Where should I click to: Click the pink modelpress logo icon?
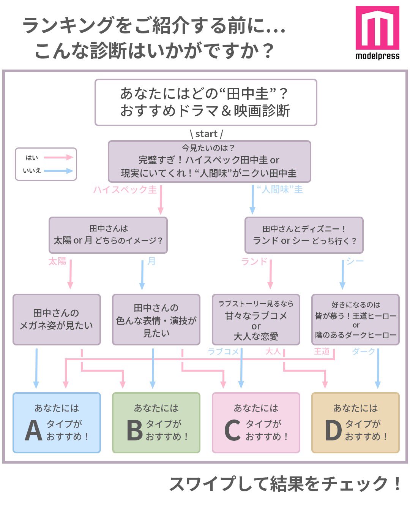click(377, 28)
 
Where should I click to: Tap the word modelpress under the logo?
click(377, 56)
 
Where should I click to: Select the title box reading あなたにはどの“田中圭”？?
click(206, 102)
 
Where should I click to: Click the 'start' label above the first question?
click(206, 134)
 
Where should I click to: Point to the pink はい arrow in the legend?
click(58, 157)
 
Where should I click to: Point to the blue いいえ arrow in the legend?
click(58, 171)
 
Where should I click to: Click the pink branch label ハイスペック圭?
click(125, 190)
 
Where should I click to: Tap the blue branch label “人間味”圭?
click(280, 190)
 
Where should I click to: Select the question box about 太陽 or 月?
click(108, 235)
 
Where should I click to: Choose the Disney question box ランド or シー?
click(304, 235)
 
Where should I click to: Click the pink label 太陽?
click(57, 261)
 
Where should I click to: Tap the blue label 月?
click(151, 261)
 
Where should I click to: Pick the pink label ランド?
click(254, 261)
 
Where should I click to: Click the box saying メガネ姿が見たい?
click(57, 320)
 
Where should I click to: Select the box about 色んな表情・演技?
click(156, 320)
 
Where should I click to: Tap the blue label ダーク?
click(363, 351)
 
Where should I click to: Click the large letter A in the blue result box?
click(33, 431)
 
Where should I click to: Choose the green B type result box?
click(156, 423)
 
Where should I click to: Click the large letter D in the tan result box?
click(334, 431)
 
